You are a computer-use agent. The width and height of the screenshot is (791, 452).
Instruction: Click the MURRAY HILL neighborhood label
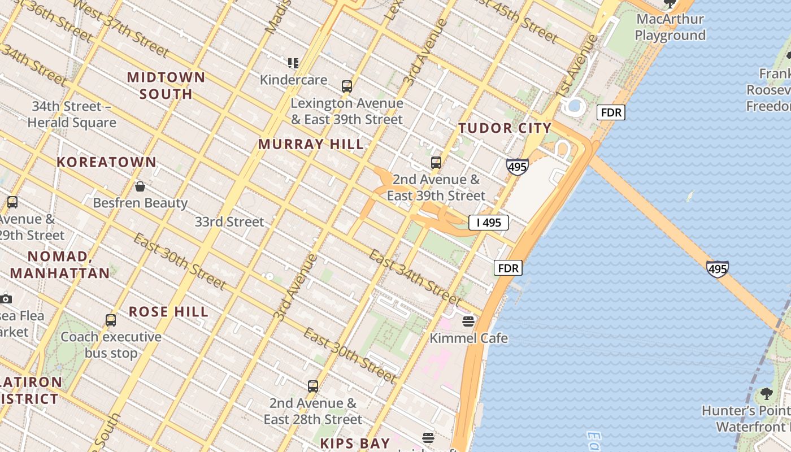coord(311,144)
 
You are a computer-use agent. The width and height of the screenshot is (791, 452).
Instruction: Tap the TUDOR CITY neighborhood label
coord(505,128)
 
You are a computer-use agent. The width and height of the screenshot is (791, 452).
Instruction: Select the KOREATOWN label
coord(106,162)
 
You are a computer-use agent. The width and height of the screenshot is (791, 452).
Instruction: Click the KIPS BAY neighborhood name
coord(355,443)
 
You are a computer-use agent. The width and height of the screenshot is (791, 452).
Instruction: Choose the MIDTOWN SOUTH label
coord(166,85)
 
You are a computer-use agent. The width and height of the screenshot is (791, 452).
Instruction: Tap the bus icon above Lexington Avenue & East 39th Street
coord(347,86)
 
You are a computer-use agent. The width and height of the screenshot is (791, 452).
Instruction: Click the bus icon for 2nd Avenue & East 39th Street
coord(436,163)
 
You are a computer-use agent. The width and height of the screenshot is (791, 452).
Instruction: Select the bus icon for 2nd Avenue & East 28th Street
coord(313,386)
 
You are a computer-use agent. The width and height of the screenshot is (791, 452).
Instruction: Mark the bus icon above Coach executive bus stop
coord(111,320)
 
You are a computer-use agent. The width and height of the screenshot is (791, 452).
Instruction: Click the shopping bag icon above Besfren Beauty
coord(140,186)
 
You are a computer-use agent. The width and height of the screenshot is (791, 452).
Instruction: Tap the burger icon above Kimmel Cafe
coord(468,321)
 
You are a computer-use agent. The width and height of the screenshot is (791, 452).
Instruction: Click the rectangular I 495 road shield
coord(489,223)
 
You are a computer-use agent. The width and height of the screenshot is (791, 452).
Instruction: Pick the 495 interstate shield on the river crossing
coord(717,269)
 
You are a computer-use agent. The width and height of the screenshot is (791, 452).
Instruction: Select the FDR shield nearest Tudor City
coord(611,112)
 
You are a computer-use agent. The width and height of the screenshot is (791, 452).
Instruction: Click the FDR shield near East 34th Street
coord(508,268)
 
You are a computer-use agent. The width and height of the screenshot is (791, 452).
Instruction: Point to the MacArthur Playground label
coord(670,27)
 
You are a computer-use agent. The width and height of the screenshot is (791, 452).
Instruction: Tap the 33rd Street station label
coord(229,222)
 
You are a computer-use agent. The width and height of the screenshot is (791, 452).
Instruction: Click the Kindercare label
coord(293,80)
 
